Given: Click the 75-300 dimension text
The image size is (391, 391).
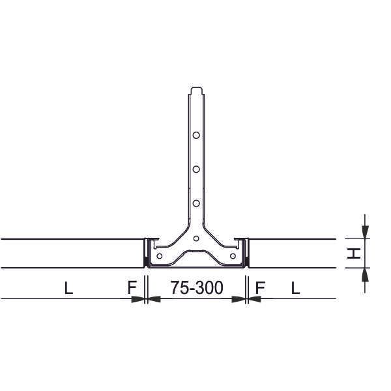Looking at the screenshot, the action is tap(197, 287).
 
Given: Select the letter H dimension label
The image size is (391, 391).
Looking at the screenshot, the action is tap(354, 253).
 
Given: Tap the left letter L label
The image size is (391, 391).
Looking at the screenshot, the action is tap(68, 288).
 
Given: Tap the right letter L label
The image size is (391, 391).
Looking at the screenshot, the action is tap(295, 288).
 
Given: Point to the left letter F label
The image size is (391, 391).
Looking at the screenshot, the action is tap(132, 287).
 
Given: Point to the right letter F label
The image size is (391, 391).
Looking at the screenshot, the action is tap(260, 287).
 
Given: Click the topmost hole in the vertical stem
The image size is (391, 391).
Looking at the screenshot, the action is tap(196, 135).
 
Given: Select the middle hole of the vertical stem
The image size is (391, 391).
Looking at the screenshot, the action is tap(196, 169).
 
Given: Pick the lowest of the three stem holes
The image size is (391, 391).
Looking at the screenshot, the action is tap(196, 203).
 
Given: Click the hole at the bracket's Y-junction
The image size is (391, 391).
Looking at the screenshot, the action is tap(196, 239).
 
